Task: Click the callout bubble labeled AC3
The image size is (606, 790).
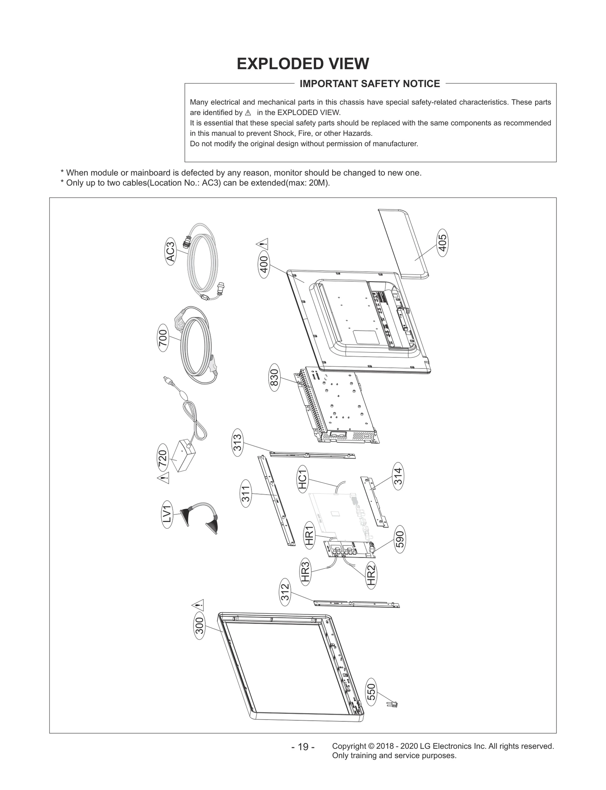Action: pos(171,252)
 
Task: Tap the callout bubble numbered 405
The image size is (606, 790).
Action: pos(442,243)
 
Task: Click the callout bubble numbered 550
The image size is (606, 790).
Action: pos(372,692)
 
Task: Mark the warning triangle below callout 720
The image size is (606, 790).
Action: pos(163,478)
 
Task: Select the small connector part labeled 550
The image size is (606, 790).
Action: pos(392,704)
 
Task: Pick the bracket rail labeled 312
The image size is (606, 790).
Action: pos(356,603)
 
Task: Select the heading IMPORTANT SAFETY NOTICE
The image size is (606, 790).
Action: pos(370,84)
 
